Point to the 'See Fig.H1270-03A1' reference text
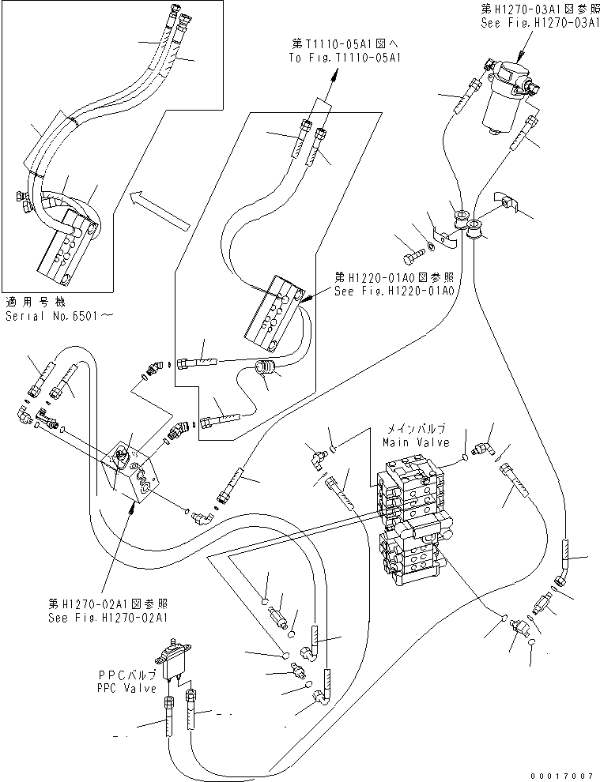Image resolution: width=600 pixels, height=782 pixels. (538, 23)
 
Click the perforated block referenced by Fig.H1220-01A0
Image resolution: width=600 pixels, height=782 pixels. (274, 310)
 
